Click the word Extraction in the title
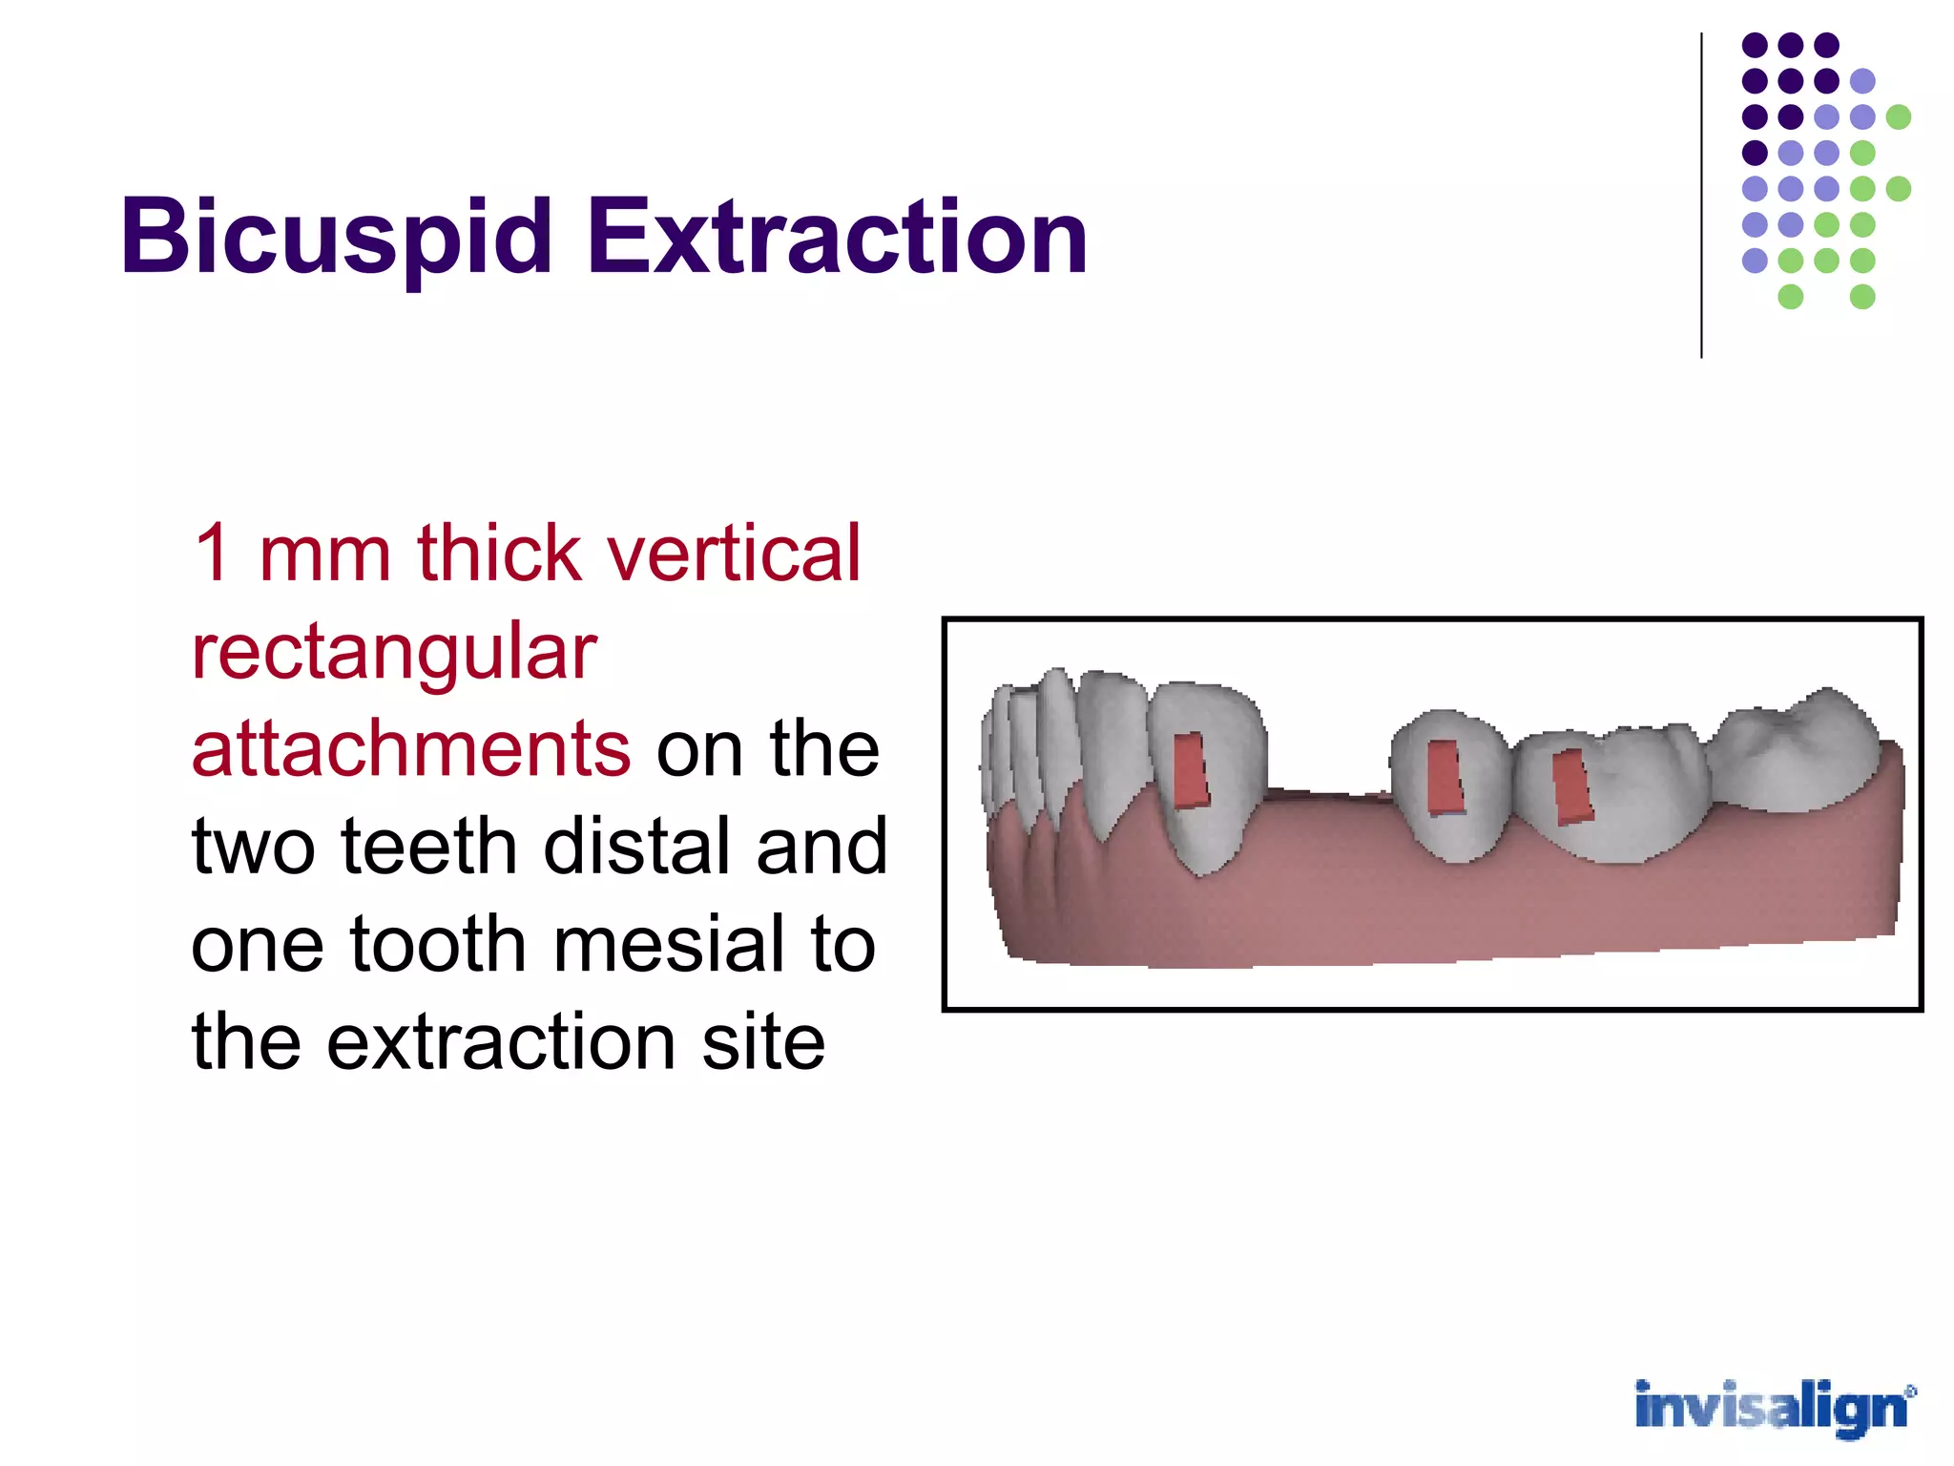[837, 237]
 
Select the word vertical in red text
[735, 554]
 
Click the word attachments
[410, 749]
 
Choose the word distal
[640, 847]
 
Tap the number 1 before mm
[212, 554]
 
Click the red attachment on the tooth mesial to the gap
[1190, 770]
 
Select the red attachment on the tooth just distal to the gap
[1444, 777]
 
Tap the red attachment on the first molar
[1572, 786]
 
